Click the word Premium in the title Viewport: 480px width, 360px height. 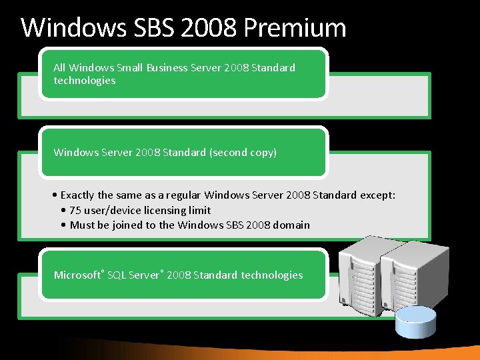coord(295,28)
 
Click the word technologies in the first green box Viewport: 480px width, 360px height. coord(85,81)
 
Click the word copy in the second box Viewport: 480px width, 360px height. coord(262,153)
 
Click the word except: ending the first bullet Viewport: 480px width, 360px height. coord(378,195)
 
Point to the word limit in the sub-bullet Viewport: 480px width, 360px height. coord(199,210)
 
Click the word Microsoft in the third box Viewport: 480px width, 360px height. coord(77,275)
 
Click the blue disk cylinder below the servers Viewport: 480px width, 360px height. coord(413,323)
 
